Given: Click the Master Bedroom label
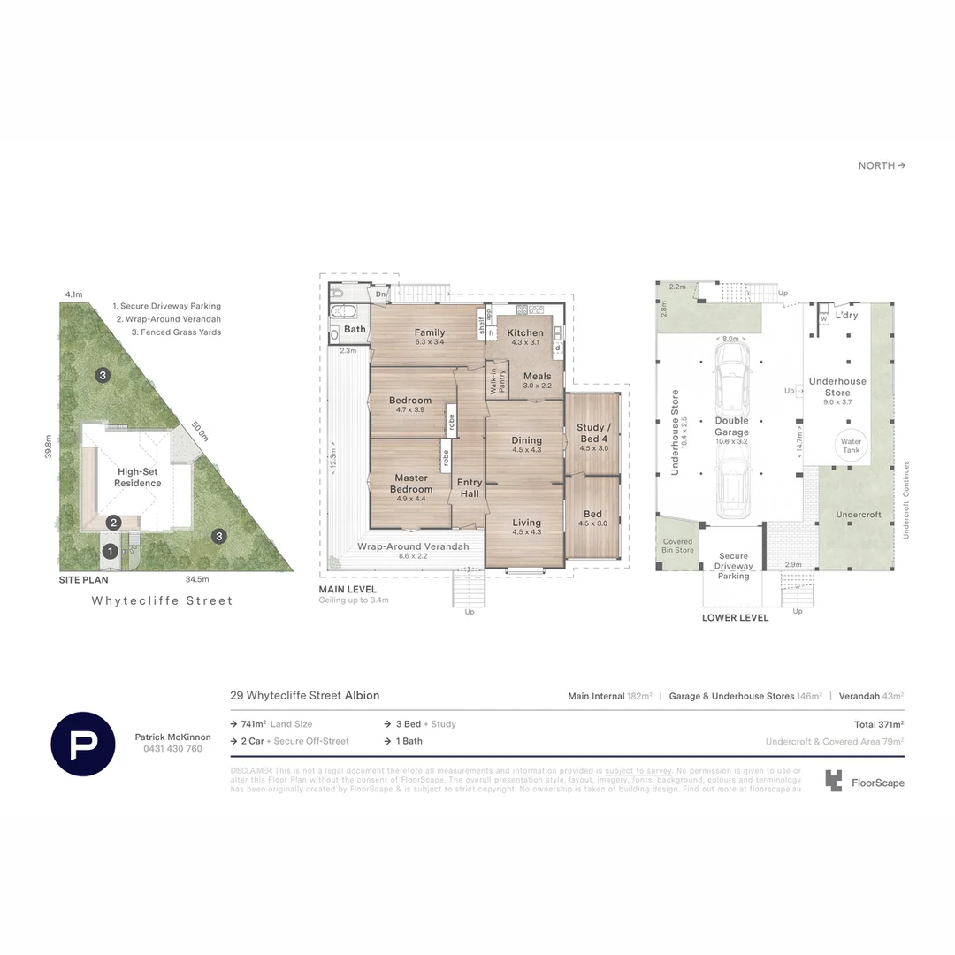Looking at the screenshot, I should (x=411, y=484).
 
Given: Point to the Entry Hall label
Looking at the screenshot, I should (x=470, y=488).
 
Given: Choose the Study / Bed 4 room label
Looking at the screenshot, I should (x=592, y=433).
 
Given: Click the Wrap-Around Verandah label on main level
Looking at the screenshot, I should (x=413, y=546).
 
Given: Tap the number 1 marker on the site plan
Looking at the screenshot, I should (x=111, y=552).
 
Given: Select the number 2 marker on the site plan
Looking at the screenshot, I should (x=114, y=523).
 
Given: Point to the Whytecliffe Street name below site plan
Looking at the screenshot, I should (x=163, y=601).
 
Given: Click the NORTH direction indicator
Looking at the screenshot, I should (x=882, y=165).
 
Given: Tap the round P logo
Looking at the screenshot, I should (x=83, y=744).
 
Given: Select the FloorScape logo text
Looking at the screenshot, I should (x=877, y=783).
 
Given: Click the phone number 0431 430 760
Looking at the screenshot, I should (x=172, y=749).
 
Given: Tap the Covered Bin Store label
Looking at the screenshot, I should (x=678, y=546).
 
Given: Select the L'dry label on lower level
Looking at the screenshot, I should (x=847, y=316).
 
